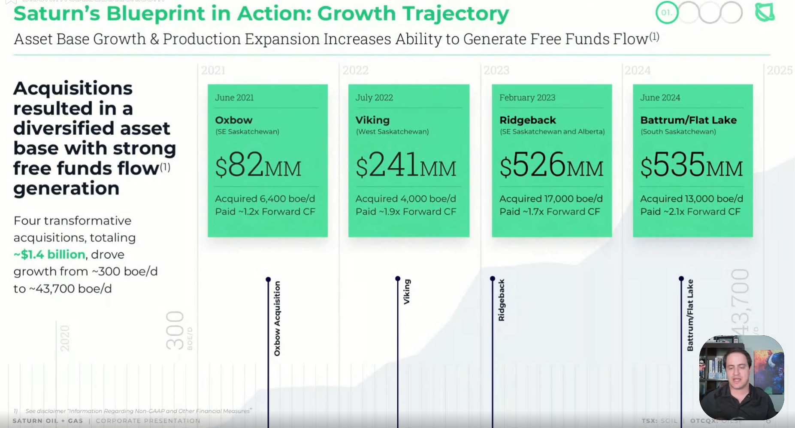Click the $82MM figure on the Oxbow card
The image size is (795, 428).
pyautogui.click(x=258, y=165)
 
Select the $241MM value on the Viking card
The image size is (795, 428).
pyautogui.click(x=405, y=165)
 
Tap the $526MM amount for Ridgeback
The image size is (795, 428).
pyautogui.click(x=551, y=165)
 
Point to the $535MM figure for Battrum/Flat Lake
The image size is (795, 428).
pyautogui.click(x=691, y=165)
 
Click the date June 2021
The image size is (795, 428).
pyautogui.click(x=234, y=97)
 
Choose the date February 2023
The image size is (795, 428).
pyautogui.click(x=527, y=97)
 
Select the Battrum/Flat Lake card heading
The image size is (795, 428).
pyautogui.click(x=688, y=120)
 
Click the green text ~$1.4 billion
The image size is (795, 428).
pyautogui.click(x=49, y=255)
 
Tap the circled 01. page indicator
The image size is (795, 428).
pyautogui.click(x=666, y=13)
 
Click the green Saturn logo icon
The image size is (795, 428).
pyautogui.click(x=765, y=12)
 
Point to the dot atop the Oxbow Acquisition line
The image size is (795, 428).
pyautogui.click(x=268, y=279)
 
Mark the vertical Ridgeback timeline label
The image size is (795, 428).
pyautogui.click(x=501, y=300)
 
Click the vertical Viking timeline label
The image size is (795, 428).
pyautogui.click(x=407, y=292)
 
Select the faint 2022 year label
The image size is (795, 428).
pyautogui.click(x=355, y=70)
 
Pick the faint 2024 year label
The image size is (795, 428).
pyautogui.click(x=638, y=70)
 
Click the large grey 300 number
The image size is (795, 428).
pyautogui.click(x=175, y=331)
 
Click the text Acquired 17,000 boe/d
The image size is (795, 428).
pyautogui.click(x=551, y=199)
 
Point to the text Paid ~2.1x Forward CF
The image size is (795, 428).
pyautogui.click(x=690, y=212)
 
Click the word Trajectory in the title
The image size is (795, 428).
pyautogui.click(x=456, y=14)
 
